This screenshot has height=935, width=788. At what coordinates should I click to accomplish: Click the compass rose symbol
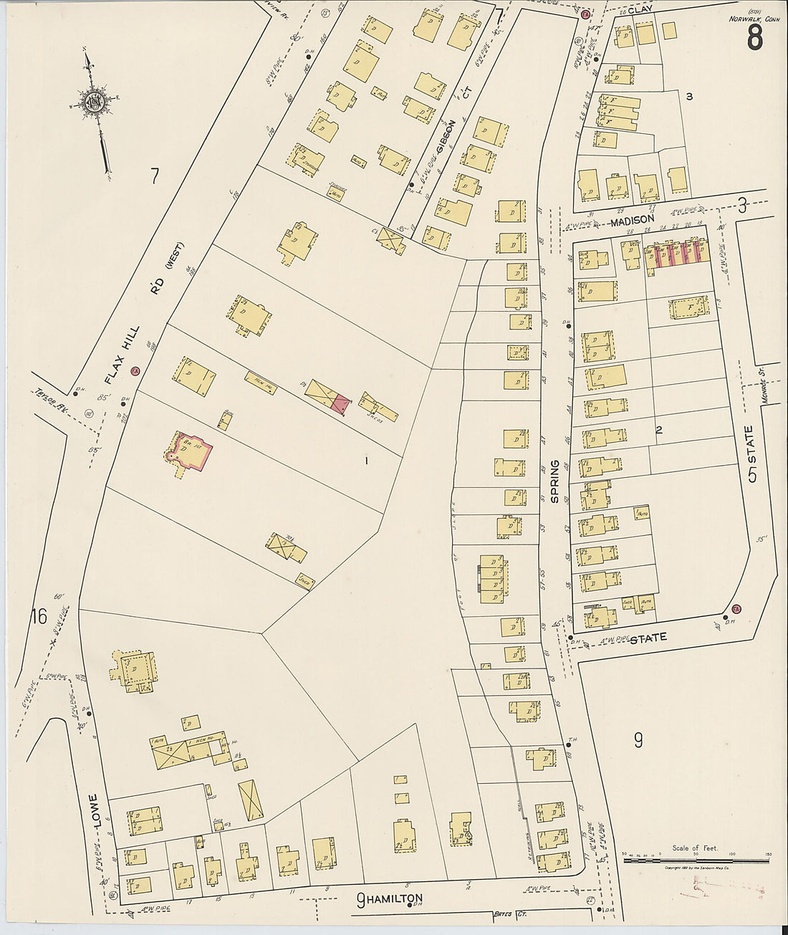[x=94, y=100]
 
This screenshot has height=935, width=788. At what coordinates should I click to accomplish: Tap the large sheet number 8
[x=754, y=37]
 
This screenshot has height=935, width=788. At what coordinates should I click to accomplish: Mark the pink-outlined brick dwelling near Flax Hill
[x=188, y=451]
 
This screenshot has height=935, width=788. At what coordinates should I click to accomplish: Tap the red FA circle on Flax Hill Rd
[x=135, y=371]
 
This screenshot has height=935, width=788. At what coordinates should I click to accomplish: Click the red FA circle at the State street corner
[x=736, y=610]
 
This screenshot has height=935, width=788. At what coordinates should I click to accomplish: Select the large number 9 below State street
[x=638, y=740]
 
